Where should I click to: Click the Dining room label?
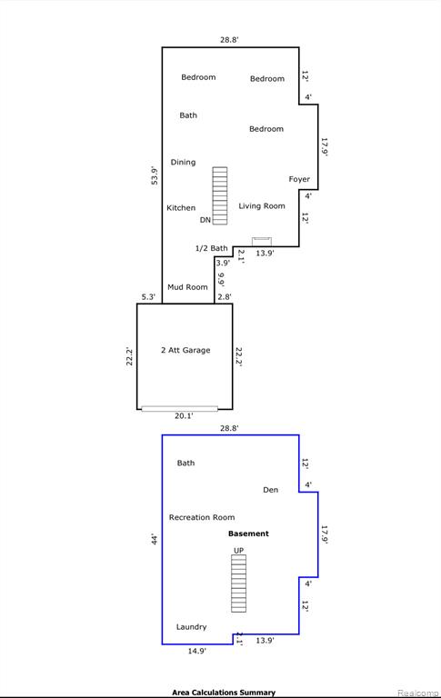(x=183, y=163)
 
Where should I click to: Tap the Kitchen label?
(x=181, y=208)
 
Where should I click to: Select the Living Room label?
(x=262, y=206)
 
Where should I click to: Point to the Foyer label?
(x=299, y=179)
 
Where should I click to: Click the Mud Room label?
(x=187, y=287)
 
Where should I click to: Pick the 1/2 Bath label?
(x=211, y=248)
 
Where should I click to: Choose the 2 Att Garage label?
(x=185, y=350)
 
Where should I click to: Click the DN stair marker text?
(x=205, y=220)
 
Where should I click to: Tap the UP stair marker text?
(x=239, y=551)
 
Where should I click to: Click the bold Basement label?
(x=248, y=533)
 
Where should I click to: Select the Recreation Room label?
(x=202, y=517)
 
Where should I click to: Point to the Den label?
(x=270, y=490)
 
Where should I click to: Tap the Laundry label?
(x=191, y=627)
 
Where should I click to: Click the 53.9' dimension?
(x=155, y=175)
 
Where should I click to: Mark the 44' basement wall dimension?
(x=155, y=539)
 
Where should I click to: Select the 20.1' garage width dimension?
(x=184, y=415)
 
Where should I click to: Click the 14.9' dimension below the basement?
(x=196, y=651)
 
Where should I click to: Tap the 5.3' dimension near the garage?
(x=148, y=297)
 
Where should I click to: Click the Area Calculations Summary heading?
(x=224, y=693)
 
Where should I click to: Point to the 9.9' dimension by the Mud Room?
(x=221, y=279)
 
